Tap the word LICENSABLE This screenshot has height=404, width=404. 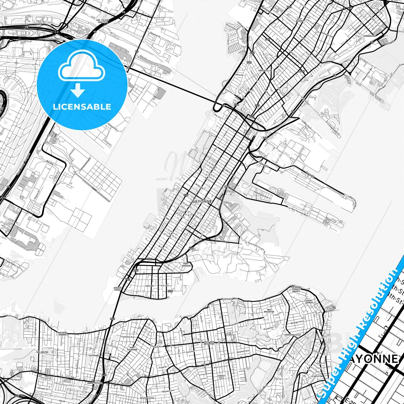(x=82, y=107)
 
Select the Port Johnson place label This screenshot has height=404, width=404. (x=187, y=265)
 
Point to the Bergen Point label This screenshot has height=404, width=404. (x=117, y=289)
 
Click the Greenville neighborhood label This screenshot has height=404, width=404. (x=264, y=70)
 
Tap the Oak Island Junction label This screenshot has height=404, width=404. (x=102, y=21)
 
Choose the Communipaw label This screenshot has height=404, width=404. (x=369, y=36)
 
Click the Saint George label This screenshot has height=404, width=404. (x=309, y=301)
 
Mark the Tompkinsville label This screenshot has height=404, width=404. (x=292, y=335)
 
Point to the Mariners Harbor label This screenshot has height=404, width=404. (x=62, y=334)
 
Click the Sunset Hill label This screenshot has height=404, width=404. (x=221, y=377)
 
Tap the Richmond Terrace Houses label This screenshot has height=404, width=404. (x=296, y=289)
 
